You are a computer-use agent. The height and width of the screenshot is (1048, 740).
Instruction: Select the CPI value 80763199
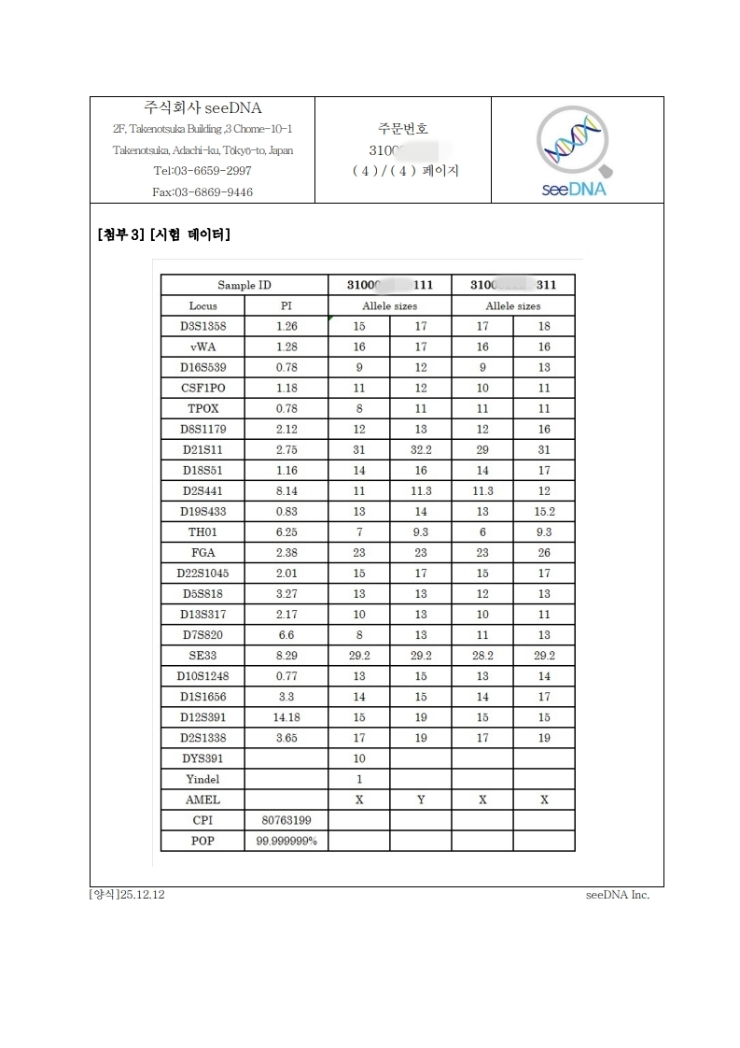(286, 820)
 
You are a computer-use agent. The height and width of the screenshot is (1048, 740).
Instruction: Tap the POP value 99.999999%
(286, 842)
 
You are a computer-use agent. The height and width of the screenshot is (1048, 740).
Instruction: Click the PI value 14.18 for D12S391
(286, 717)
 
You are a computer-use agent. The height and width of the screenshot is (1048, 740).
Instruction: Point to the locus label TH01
(202, 531)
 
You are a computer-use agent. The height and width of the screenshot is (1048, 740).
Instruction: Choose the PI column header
(286, 305)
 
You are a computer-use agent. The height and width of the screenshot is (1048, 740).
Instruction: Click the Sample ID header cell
(244, 285)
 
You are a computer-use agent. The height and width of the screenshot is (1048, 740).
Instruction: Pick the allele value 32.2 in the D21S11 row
(421, 449)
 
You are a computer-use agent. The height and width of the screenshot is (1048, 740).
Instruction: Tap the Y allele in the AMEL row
(421, 800)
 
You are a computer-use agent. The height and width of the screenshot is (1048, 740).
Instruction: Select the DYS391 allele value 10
(359, 758)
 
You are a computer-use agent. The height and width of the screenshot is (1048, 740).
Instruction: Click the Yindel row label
(202, 779)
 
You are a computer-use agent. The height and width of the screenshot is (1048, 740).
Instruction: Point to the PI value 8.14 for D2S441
(286, 490)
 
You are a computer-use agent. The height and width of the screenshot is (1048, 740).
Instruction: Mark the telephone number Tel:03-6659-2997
(202, 171)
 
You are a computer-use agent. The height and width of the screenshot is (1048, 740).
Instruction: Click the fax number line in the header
(202, 192)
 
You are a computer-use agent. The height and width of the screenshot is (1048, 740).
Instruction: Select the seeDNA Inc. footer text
(617, 895)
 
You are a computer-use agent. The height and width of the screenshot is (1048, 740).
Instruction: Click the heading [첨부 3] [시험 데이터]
(164, 234)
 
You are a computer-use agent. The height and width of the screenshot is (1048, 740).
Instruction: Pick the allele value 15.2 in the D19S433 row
(544, 511)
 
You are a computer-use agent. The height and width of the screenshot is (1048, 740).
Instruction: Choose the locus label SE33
(202, 656)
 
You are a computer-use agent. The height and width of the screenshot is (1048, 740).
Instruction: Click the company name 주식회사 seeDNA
(202, 108)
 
